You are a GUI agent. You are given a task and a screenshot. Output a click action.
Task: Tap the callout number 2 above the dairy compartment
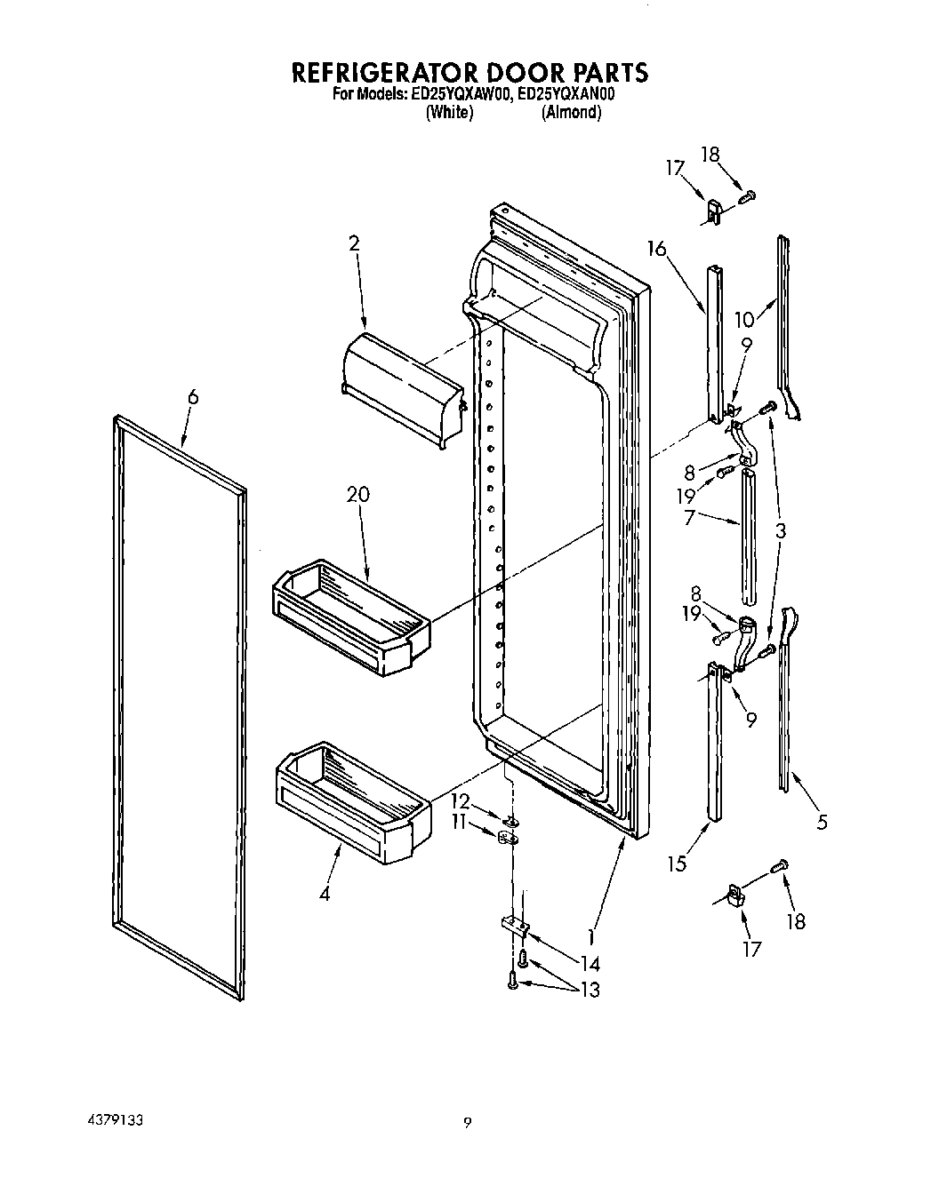pos(354,243)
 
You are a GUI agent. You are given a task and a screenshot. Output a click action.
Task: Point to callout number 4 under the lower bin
pos(325,895)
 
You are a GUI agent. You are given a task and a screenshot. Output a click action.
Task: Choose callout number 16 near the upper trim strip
pos(656,250)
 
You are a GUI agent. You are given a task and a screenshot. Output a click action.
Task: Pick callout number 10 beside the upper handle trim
pos(743,319)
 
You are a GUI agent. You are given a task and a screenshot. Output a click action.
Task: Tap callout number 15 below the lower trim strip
pos(678,864)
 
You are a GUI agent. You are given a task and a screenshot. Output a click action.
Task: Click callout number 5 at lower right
pos(822,823)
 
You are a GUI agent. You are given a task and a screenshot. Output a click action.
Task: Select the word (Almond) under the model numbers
pos(571,113)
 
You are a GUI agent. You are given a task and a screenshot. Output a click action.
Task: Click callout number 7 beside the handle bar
pos(689,518)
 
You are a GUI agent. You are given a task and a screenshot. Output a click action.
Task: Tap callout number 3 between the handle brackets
pos(780,531)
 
